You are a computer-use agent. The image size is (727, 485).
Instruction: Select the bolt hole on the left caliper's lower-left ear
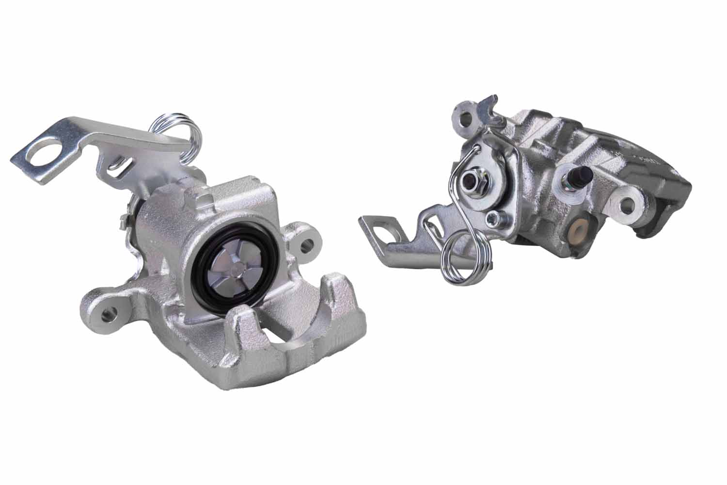click(108, 314)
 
